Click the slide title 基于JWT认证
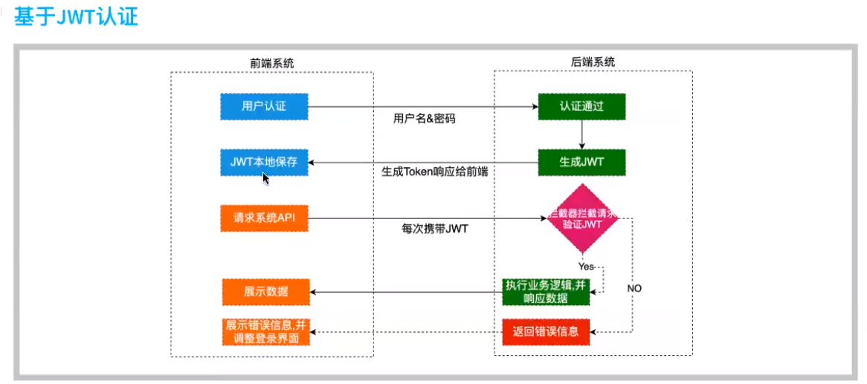77,18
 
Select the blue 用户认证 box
264,107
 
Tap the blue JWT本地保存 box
264,163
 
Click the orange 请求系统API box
264,218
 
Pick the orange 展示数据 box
265,291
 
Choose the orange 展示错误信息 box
265,331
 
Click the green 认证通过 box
581,106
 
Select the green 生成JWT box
581,162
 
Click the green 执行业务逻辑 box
546,291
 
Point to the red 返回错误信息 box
546,331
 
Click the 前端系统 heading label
271,63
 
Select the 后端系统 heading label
593,62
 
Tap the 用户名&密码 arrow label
424,118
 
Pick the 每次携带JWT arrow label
435,228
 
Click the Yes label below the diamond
587,264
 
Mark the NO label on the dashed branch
634,287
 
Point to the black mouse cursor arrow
265,178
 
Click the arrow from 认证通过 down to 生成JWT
581,134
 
